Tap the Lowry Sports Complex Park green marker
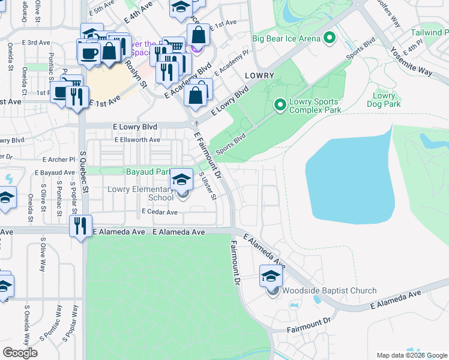280,105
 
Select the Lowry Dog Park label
384,100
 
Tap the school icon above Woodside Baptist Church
271,277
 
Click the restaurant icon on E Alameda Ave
80,226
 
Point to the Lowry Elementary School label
140,193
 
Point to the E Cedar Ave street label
160,212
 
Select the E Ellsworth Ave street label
137,140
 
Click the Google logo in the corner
20,352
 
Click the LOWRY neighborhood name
259,76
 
